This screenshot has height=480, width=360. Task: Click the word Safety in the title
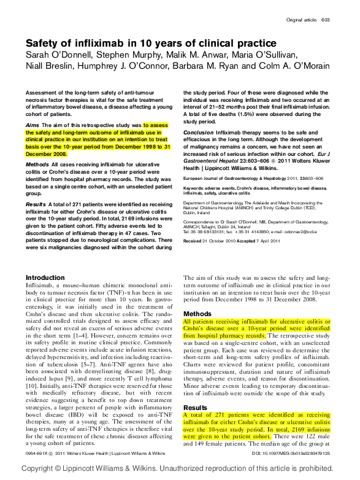click(43, 44)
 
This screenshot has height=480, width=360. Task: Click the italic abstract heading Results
click(36, 203)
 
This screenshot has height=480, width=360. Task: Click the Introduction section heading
click(45, 277)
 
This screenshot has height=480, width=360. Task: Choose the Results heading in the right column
click(196, 408)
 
